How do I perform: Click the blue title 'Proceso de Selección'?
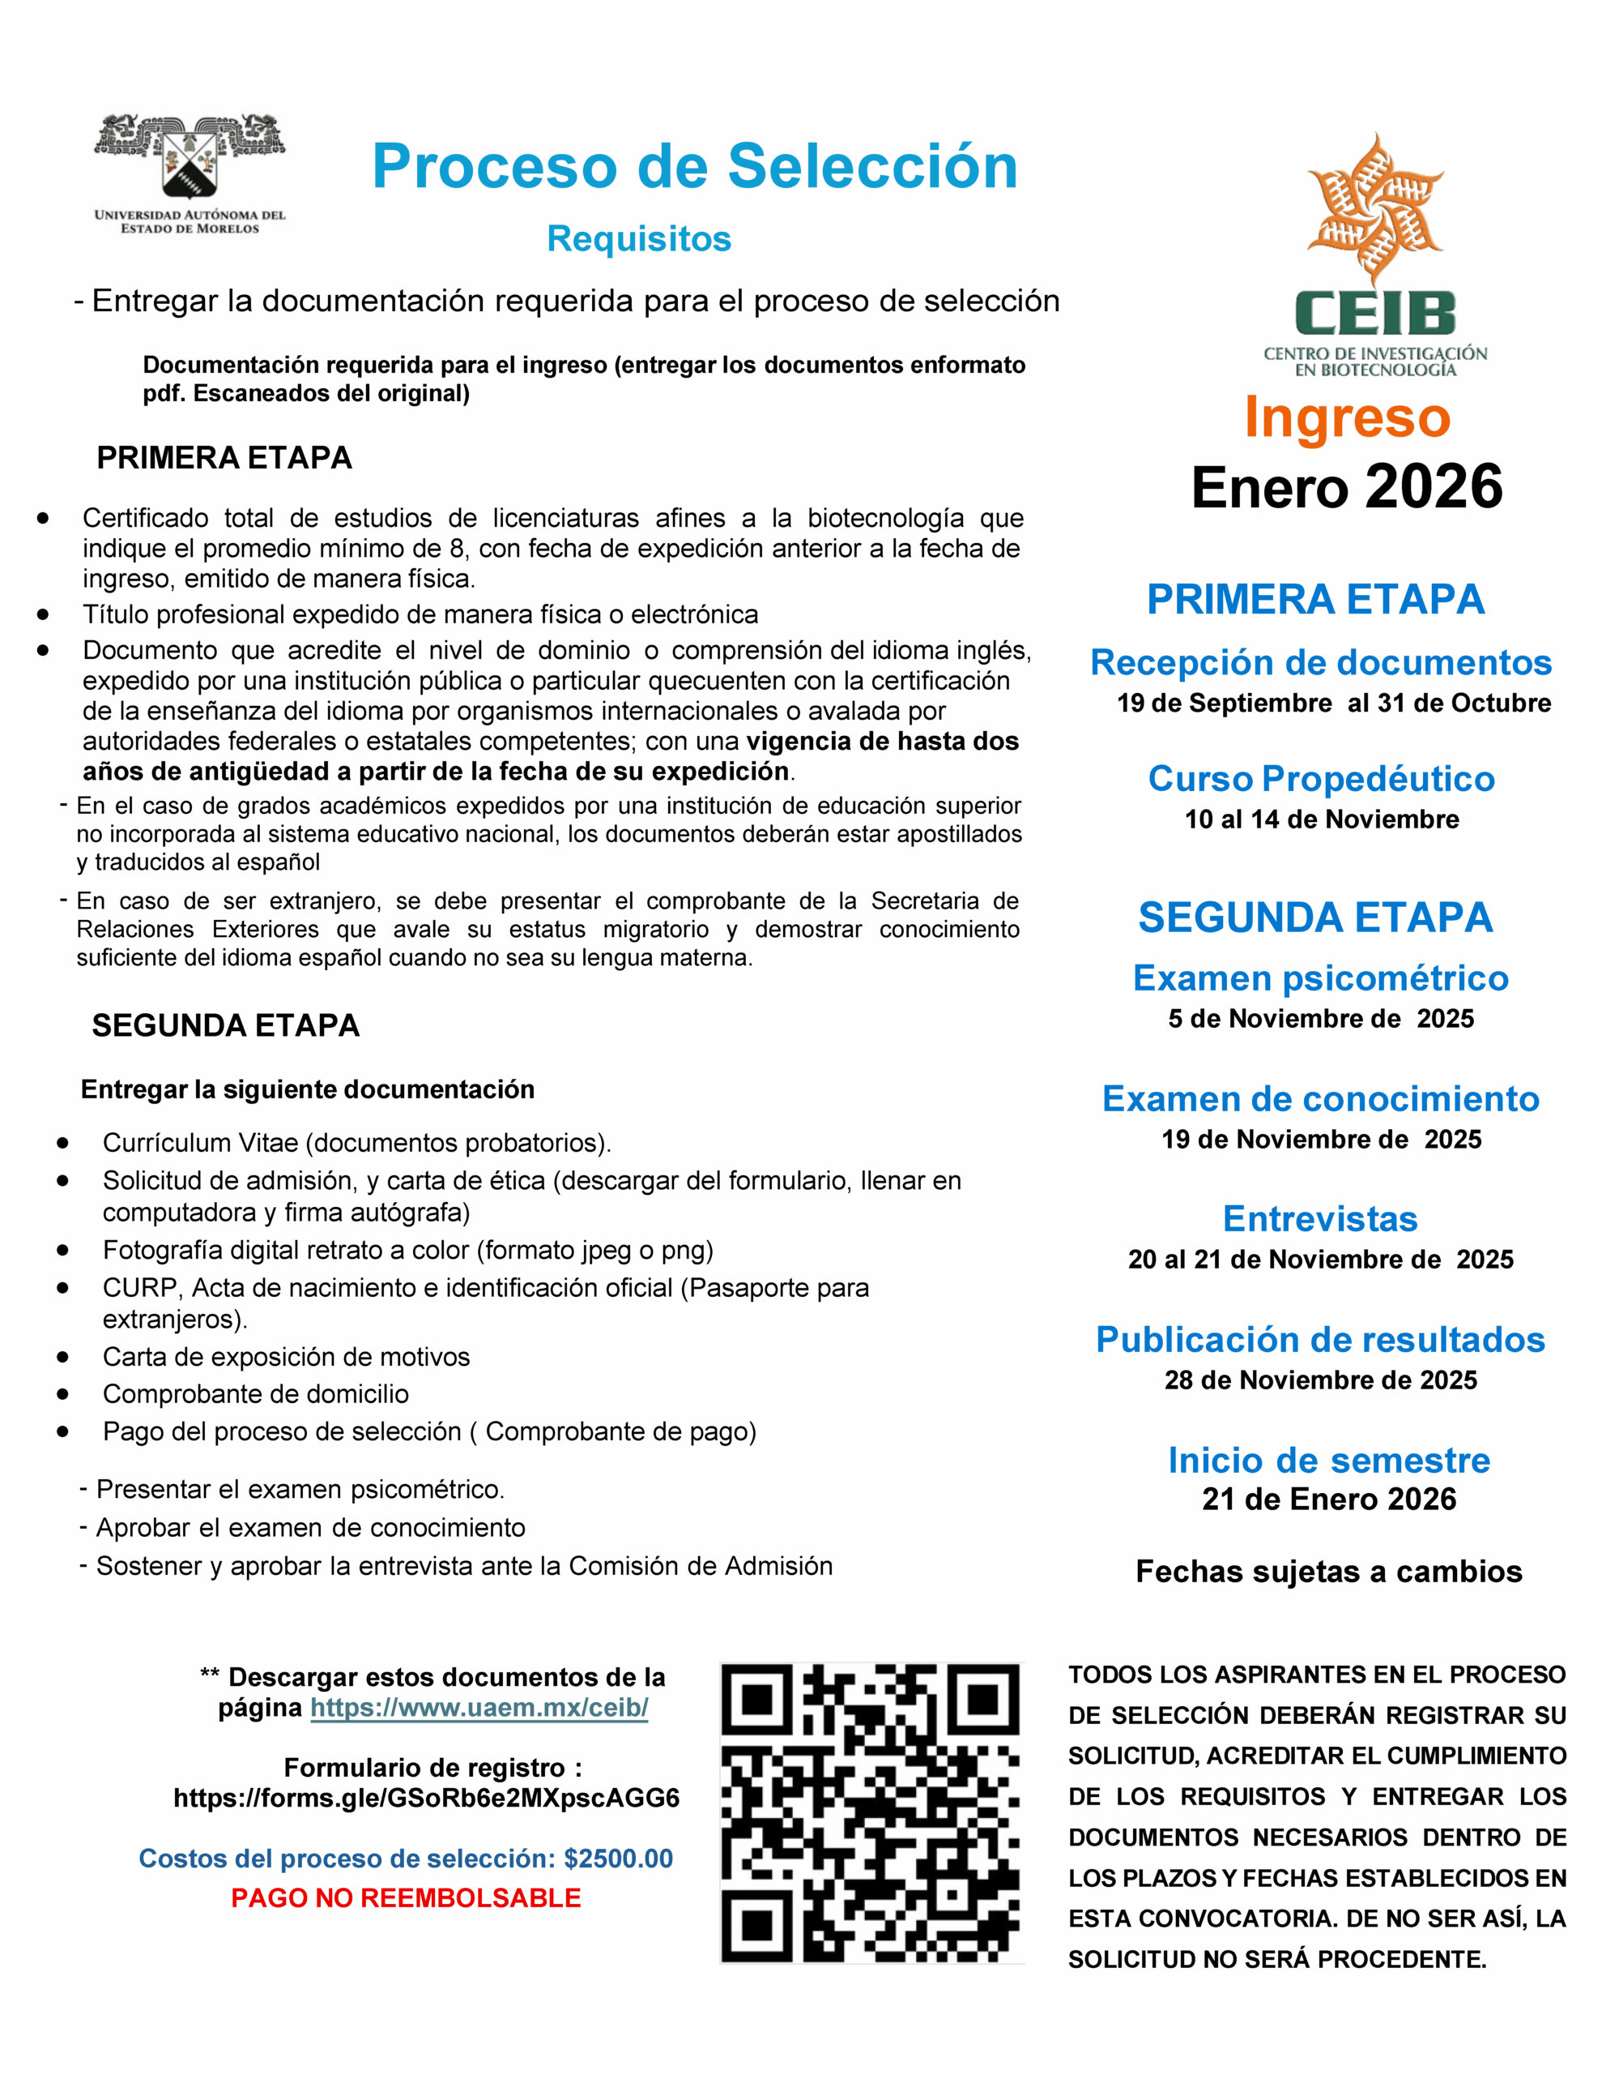tap(694, 166)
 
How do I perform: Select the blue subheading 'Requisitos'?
tap(638, 238)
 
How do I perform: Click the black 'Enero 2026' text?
tap(1347, 487)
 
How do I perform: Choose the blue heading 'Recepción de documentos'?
tap(1320, 662)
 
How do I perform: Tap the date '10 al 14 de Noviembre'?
tap(1321, 819)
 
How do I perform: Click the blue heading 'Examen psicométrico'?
tap(1320, 978)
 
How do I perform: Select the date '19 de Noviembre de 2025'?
tap(1321, 1139)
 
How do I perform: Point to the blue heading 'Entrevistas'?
tap(1320, 1218)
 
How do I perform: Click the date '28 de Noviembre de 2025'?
tap(1320, 1380)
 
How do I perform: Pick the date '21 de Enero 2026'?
tap(1328, 1498)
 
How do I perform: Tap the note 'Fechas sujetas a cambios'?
tap(1328, 1572)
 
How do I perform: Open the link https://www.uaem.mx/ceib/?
tap(479, 1707)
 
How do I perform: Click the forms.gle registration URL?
tap(426, 1798)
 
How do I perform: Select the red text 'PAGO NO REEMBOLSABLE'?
tap(406, 1897)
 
